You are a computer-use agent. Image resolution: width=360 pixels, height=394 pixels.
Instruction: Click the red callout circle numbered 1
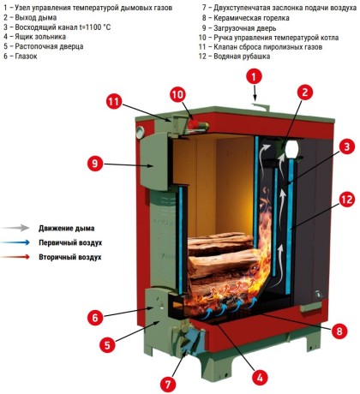254,77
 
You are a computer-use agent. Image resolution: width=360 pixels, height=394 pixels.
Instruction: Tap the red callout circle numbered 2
305,93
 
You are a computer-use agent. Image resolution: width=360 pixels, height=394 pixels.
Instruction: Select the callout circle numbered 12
347,199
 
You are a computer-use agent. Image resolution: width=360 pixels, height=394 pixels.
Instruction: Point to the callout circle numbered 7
168,384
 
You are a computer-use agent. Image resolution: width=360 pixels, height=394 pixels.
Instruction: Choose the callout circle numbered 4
260,378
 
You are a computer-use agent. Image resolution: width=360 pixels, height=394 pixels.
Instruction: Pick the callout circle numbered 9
95,164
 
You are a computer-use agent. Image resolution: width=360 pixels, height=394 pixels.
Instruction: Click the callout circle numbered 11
114,102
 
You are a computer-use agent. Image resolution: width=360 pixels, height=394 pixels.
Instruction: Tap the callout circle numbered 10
177,94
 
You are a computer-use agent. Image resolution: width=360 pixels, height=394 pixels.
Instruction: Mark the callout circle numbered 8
339,331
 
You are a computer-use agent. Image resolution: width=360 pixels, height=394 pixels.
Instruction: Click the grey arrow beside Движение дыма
15,228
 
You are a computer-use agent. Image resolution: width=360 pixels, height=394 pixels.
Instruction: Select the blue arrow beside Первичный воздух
15,242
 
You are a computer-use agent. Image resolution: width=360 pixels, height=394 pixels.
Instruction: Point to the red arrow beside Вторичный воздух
15,257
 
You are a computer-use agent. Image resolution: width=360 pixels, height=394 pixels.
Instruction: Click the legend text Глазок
26,57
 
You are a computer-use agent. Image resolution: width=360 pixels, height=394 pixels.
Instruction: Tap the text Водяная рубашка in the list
242,57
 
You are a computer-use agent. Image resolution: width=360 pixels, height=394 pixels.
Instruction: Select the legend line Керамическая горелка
251,18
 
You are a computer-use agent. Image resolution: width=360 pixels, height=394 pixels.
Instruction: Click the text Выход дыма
36,17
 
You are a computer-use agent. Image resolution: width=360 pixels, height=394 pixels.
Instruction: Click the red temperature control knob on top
194,124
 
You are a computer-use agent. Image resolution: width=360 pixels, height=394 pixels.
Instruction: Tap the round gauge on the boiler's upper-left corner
140,133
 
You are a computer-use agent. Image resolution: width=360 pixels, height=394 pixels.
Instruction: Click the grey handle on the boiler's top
261,106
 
